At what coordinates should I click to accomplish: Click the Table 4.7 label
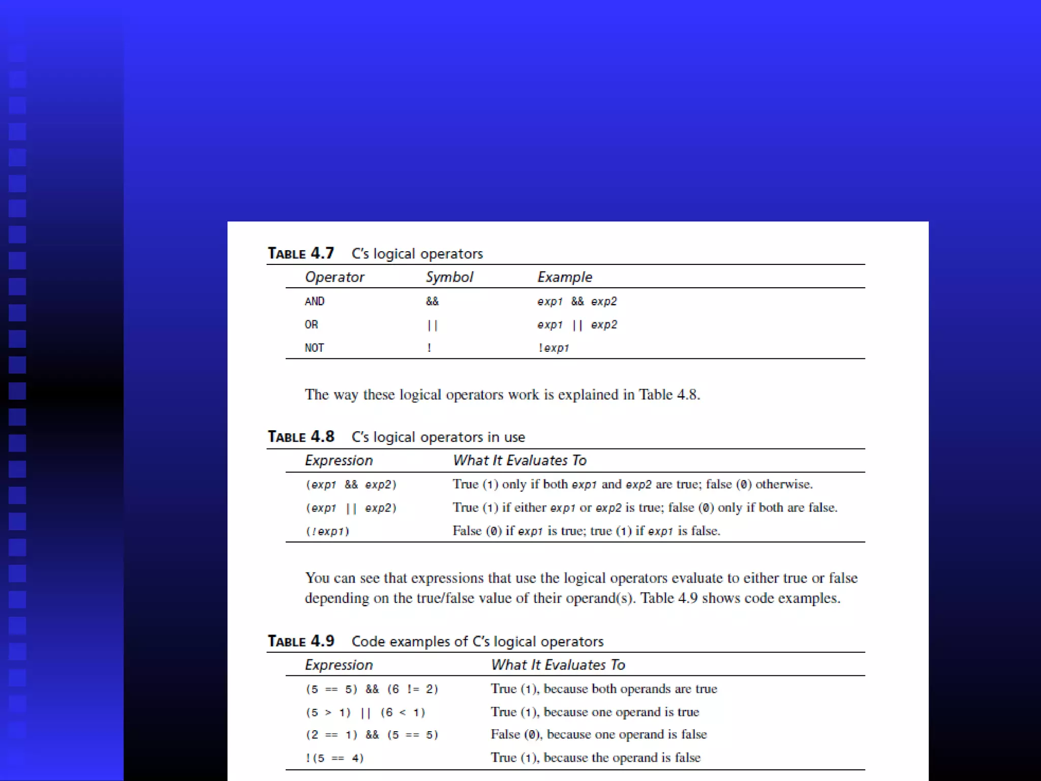click(301, 253)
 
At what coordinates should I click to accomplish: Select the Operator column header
click(334, 277)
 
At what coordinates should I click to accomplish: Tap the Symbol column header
click(449, 277)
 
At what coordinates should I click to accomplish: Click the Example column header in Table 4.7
click(565, 277)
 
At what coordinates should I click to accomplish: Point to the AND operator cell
click(315, 302)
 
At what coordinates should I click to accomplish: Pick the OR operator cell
click(312, 325)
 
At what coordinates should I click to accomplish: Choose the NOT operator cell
click(315, 348)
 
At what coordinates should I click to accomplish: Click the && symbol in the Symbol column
click(432, 302)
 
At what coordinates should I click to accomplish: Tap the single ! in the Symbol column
click(430, 348)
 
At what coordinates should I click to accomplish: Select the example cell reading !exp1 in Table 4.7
click(554, 348)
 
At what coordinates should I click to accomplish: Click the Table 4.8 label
click(301, 437)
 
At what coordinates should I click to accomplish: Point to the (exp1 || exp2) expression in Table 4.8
click(351, 508)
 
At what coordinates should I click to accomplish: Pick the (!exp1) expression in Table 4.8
click(327, 531)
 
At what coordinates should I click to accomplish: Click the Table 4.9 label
click(301, 641)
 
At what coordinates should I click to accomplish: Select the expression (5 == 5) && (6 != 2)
click(372, 689)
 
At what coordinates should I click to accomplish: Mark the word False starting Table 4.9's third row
click(505, 735)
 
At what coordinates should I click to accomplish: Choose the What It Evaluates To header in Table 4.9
click(558, 665)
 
